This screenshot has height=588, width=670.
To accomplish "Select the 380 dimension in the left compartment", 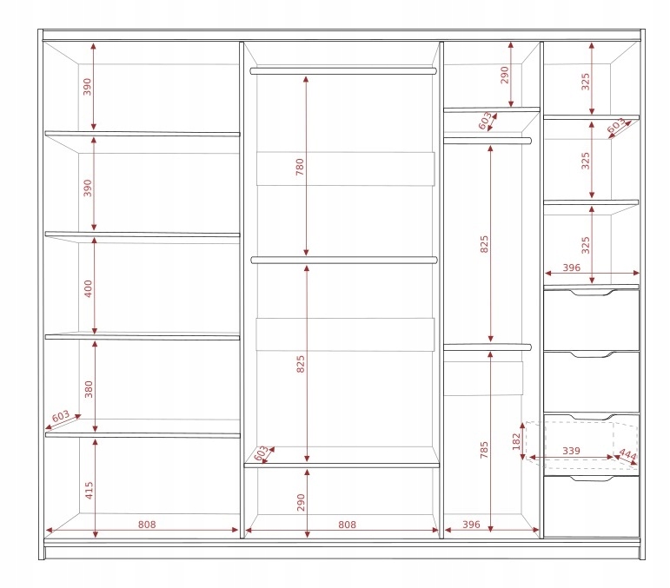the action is pos(88,389).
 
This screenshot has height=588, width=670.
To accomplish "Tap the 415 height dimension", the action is pos(89,490).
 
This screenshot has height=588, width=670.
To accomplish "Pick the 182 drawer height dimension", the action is pos(516,439).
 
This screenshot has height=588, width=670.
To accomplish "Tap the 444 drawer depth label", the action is pos(627,455).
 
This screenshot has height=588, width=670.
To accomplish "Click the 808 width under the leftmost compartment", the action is pos(147,524).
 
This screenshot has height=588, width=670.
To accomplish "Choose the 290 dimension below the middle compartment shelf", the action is pos(302,502).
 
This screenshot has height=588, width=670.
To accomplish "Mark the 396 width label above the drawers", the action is pos(570,268).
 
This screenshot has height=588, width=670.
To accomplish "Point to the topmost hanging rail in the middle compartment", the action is pos(342,70).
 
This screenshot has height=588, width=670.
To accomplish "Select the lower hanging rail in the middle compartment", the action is pos(343,259).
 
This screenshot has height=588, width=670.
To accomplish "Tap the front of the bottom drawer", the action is pos(591,509).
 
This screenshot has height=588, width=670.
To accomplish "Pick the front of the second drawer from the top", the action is pos(591,382).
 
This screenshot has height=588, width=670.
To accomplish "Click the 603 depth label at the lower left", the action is pos(61,417).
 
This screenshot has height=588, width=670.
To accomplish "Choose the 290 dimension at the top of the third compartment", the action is pos(504,76).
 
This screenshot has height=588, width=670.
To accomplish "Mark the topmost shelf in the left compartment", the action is pos(142,134).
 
